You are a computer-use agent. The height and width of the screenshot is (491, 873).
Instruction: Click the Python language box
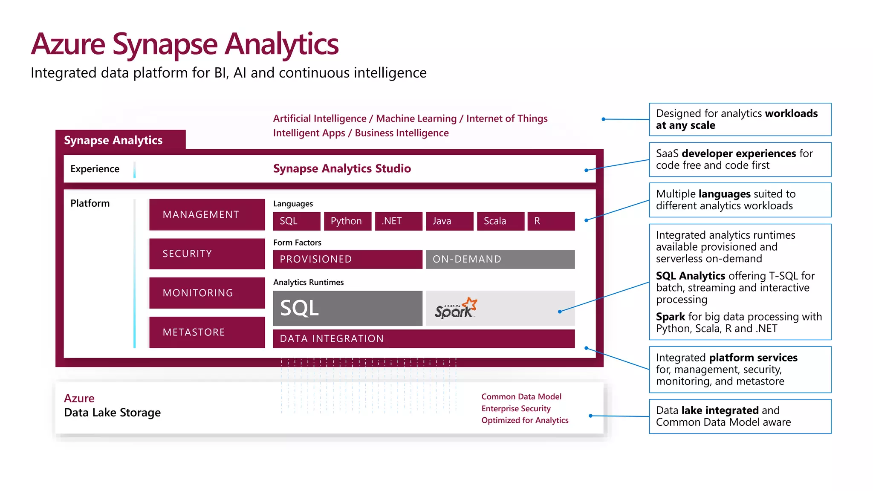coord(347,221)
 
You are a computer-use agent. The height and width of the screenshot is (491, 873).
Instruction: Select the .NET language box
coord(399,221)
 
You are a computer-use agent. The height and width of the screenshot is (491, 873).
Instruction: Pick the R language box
coord(551,221)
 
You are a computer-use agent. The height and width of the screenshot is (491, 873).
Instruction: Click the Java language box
coord(450,221)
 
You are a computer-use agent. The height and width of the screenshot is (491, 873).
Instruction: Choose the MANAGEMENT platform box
coord(207,214)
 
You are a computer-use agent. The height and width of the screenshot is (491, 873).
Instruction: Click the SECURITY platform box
coord(207,254)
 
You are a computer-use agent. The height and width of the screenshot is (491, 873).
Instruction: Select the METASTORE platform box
coord(207,332)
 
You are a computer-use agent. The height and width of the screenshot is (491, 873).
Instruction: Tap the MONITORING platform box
coord(207,293)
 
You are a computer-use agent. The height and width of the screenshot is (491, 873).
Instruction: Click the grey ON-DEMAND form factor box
coord(500,259)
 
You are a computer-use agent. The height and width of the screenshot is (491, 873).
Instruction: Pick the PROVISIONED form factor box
coord(347,259)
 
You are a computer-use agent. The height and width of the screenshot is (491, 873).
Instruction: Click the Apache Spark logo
coord(455,309)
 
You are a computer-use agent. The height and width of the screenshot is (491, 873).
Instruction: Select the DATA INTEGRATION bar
coord(424,338)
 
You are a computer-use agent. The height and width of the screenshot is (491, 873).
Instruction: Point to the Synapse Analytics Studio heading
coord(342,168)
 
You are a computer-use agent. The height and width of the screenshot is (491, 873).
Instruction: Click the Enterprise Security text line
coord(516,408)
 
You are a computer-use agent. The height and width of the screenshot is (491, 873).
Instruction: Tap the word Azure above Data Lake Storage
coord(79,398)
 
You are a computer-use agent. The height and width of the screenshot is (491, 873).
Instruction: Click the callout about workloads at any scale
coord(740,119)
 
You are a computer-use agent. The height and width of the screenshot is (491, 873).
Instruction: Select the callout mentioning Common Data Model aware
coord(740,416)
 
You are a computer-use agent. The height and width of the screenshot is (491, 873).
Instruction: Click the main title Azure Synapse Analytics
coord(185,44)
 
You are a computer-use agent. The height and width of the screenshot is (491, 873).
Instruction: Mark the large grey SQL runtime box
coord(347,308)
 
